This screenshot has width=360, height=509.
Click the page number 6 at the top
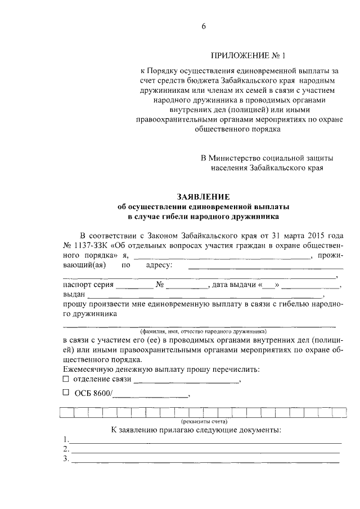pyautogui.click(x=204, y=26)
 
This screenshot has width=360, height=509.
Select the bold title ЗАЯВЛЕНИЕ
pyautogui.click(x=203, y=196)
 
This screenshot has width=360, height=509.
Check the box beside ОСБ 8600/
pyautogui.click(x=65, y=393)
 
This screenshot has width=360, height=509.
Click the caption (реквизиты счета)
pyautogui.click(x=203, y=421)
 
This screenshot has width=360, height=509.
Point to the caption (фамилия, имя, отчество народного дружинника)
pyautogui.click(x=203, y=331)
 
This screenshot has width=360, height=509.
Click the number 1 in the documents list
pyautogui.click(x=65, y=439)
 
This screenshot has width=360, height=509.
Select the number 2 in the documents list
pyautogui.click(x=65, y=449)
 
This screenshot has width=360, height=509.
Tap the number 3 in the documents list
pyautogui.click(x=65, y=459)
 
